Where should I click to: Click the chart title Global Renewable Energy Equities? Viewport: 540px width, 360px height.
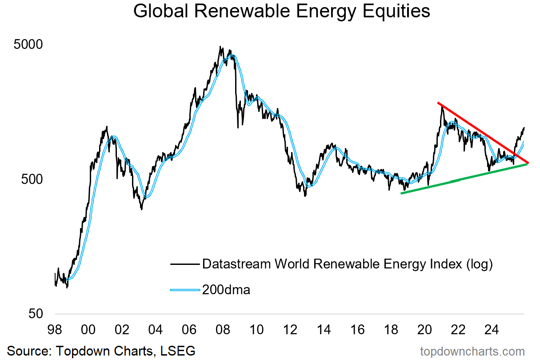[282, 12]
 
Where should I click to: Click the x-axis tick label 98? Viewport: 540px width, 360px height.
[55, 330]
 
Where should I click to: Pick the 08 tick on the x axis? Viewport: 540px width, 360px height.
[223, 330]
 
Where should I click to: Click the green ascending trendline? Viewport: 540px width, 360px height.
[462, 179]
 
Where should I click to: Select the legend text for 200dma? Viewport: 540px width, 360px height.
[226, 290]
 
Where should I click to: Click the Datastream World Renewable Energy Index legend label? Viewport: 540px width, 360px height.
[348, 264]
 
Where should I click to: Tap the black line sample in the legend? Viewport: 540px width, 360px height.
[184, 264]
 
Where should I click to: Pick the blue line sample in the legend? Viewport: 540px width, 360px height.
[184, 290]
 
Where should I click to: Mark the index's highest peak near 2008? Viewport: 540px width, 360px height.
[220, 47]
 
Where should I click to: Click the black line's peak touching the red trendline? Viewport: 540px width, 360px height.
[441, 106]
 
